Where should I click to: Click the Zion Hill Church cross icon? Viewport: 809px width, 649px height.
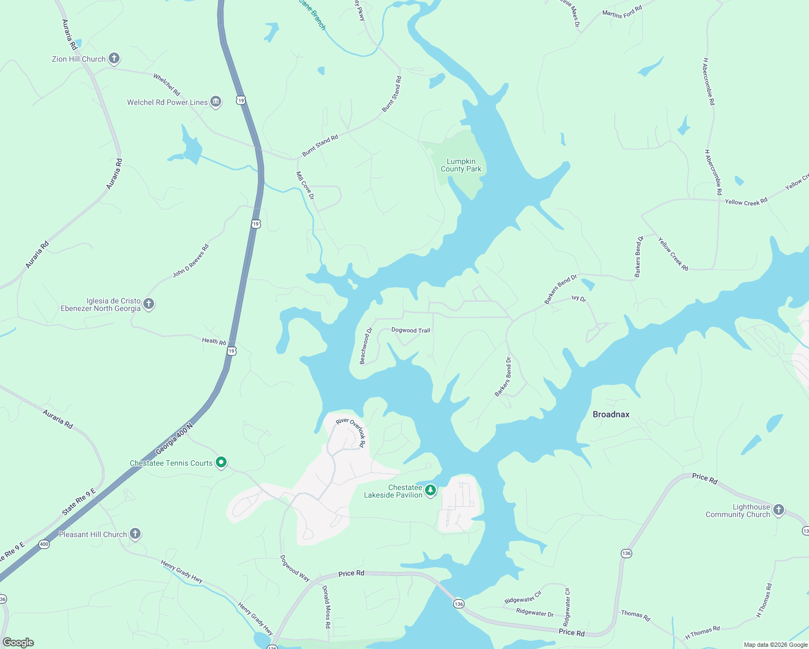(x=114, y=58)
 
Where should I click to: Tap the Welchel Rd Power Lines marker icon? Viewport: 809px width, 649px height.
(x=216, y=102)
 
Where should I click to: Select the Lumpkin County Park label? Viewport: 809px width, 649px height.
(x=461, y=165)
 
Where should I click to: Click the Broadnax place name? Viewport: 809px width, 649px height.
(x=611, y=414)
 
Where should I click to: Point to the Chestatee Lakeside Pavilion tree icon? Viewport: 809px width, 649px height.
(x=430, y=491)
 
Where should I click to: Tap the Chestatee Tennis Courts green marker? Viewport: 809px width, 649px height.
(x=221, y=462)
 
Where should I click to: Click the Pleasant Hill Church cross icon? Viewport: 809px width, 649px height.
(x=135, y=534)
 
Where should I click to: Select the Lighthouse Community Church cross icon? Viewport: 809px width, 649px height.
(x=778, y=509)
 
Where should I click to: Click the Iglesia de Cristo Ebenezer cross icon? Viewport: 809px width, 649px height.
(x=149, y=304)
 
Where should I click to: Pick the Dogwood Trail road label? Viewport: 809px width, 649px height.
(x=410, y=330)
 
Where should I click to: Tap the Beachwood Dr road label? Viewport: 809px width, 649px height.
(x=366, y=346)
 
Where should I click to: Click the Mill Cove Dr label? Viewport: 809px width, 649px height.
(x=305, y=186)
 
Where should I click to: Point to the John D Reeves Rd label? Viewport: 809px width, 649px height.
(x=190, y=261)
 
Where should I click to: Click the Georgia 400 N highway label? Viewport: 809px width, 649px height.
(x=174, y=439)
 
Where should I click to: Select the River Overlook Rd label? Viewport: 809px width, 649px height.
(x=351, y=432)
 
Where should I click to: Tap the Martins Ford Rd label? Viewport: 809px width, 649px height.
(x=622, y=12)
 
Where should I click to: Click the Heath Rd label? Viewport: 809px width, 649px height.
(x=214, y=341)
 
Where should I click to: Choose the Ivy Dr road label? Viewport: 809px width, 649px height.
(x=579, y=298)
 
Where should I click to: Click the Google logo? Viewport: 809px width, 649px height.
(x=18, y=643)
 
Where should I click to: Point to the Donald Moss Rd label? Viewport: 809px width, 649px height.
(x=326, y=606)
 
